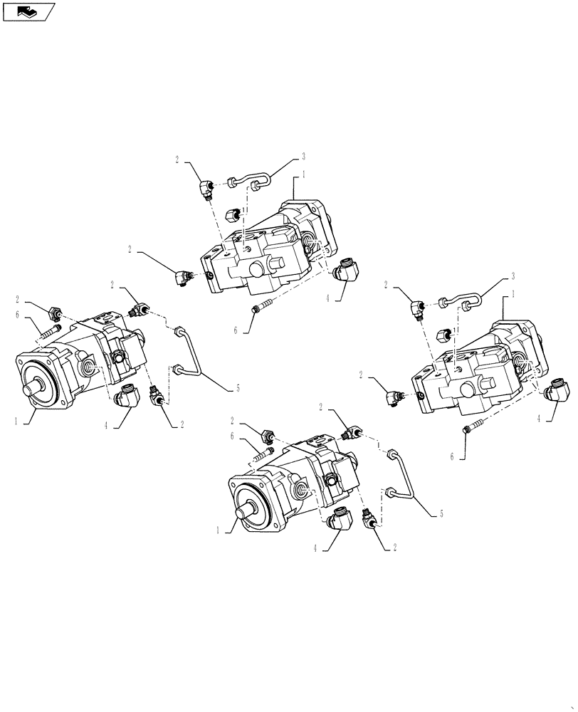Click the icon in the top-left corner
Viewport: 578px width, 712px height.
28,11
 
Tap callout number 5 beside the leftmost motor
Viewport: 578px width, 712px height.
238,389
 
